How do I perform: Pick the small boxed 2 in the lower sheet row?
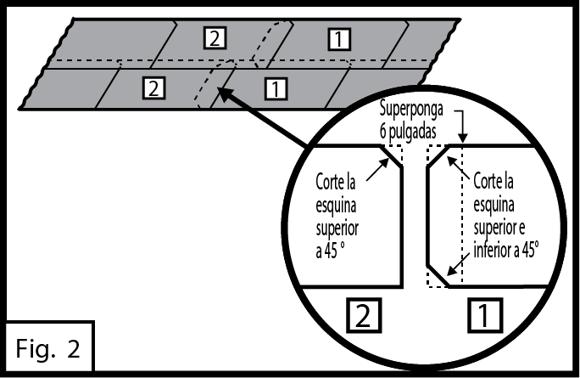click(x=153, y=86)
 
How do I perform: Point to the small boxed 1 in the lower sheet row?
click(x=276, y=86)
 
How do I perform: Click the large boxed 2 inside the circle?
click(x=361, y=316)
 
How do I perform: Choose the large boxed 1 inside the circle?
click(x=484, y=316)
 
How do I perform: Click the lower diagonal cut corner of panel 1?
click(x=438, y=275)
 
